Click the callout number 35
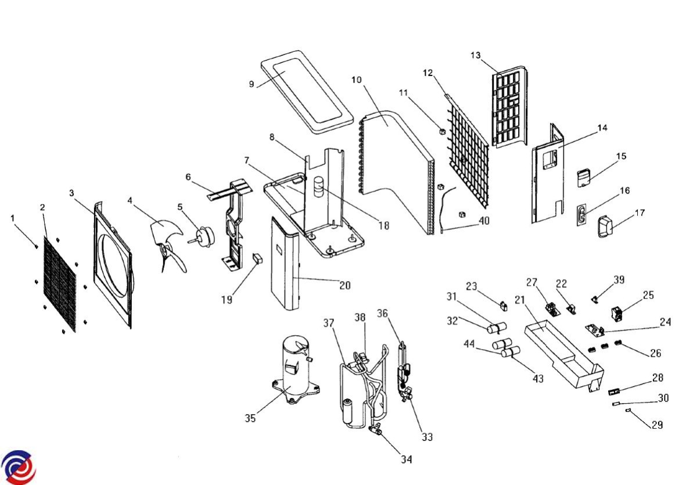click(x=250, y=418)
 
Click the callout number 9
click(x=252, y=84)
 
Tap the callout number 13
click(x=476, y=56)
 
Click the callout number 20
click(x=345, y=285)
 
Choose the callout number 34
click(x=406, y=459)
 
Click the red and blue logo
click(x=18, y=466)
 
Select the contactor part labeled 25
click(x=617, y=314)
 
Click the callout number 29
click(x=657, y=425)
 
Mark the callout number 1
click(x=13, y=218)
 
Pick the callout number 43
click(x=538, y=379)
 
